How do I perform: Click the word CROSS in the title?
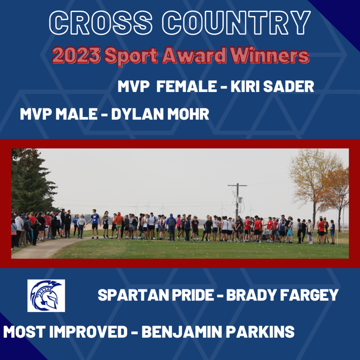[101, 23]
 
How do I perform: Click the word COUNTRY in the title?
[236, 23]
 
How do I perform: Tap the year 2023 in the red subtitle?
[76, 55]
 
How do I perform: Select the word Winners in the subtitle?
[270, 55]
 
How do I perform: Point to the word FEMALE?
[187, 86]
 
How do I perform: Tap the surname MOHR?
[188, 114]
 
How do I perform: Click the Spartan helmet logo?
[46, 296]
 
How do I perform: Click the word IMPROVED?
[88, 332]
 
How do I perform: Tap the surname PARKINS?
[260, 332]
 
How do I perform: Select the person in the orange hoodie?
[119, 225]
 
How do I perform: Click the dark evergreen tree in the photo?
[32, 182]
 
